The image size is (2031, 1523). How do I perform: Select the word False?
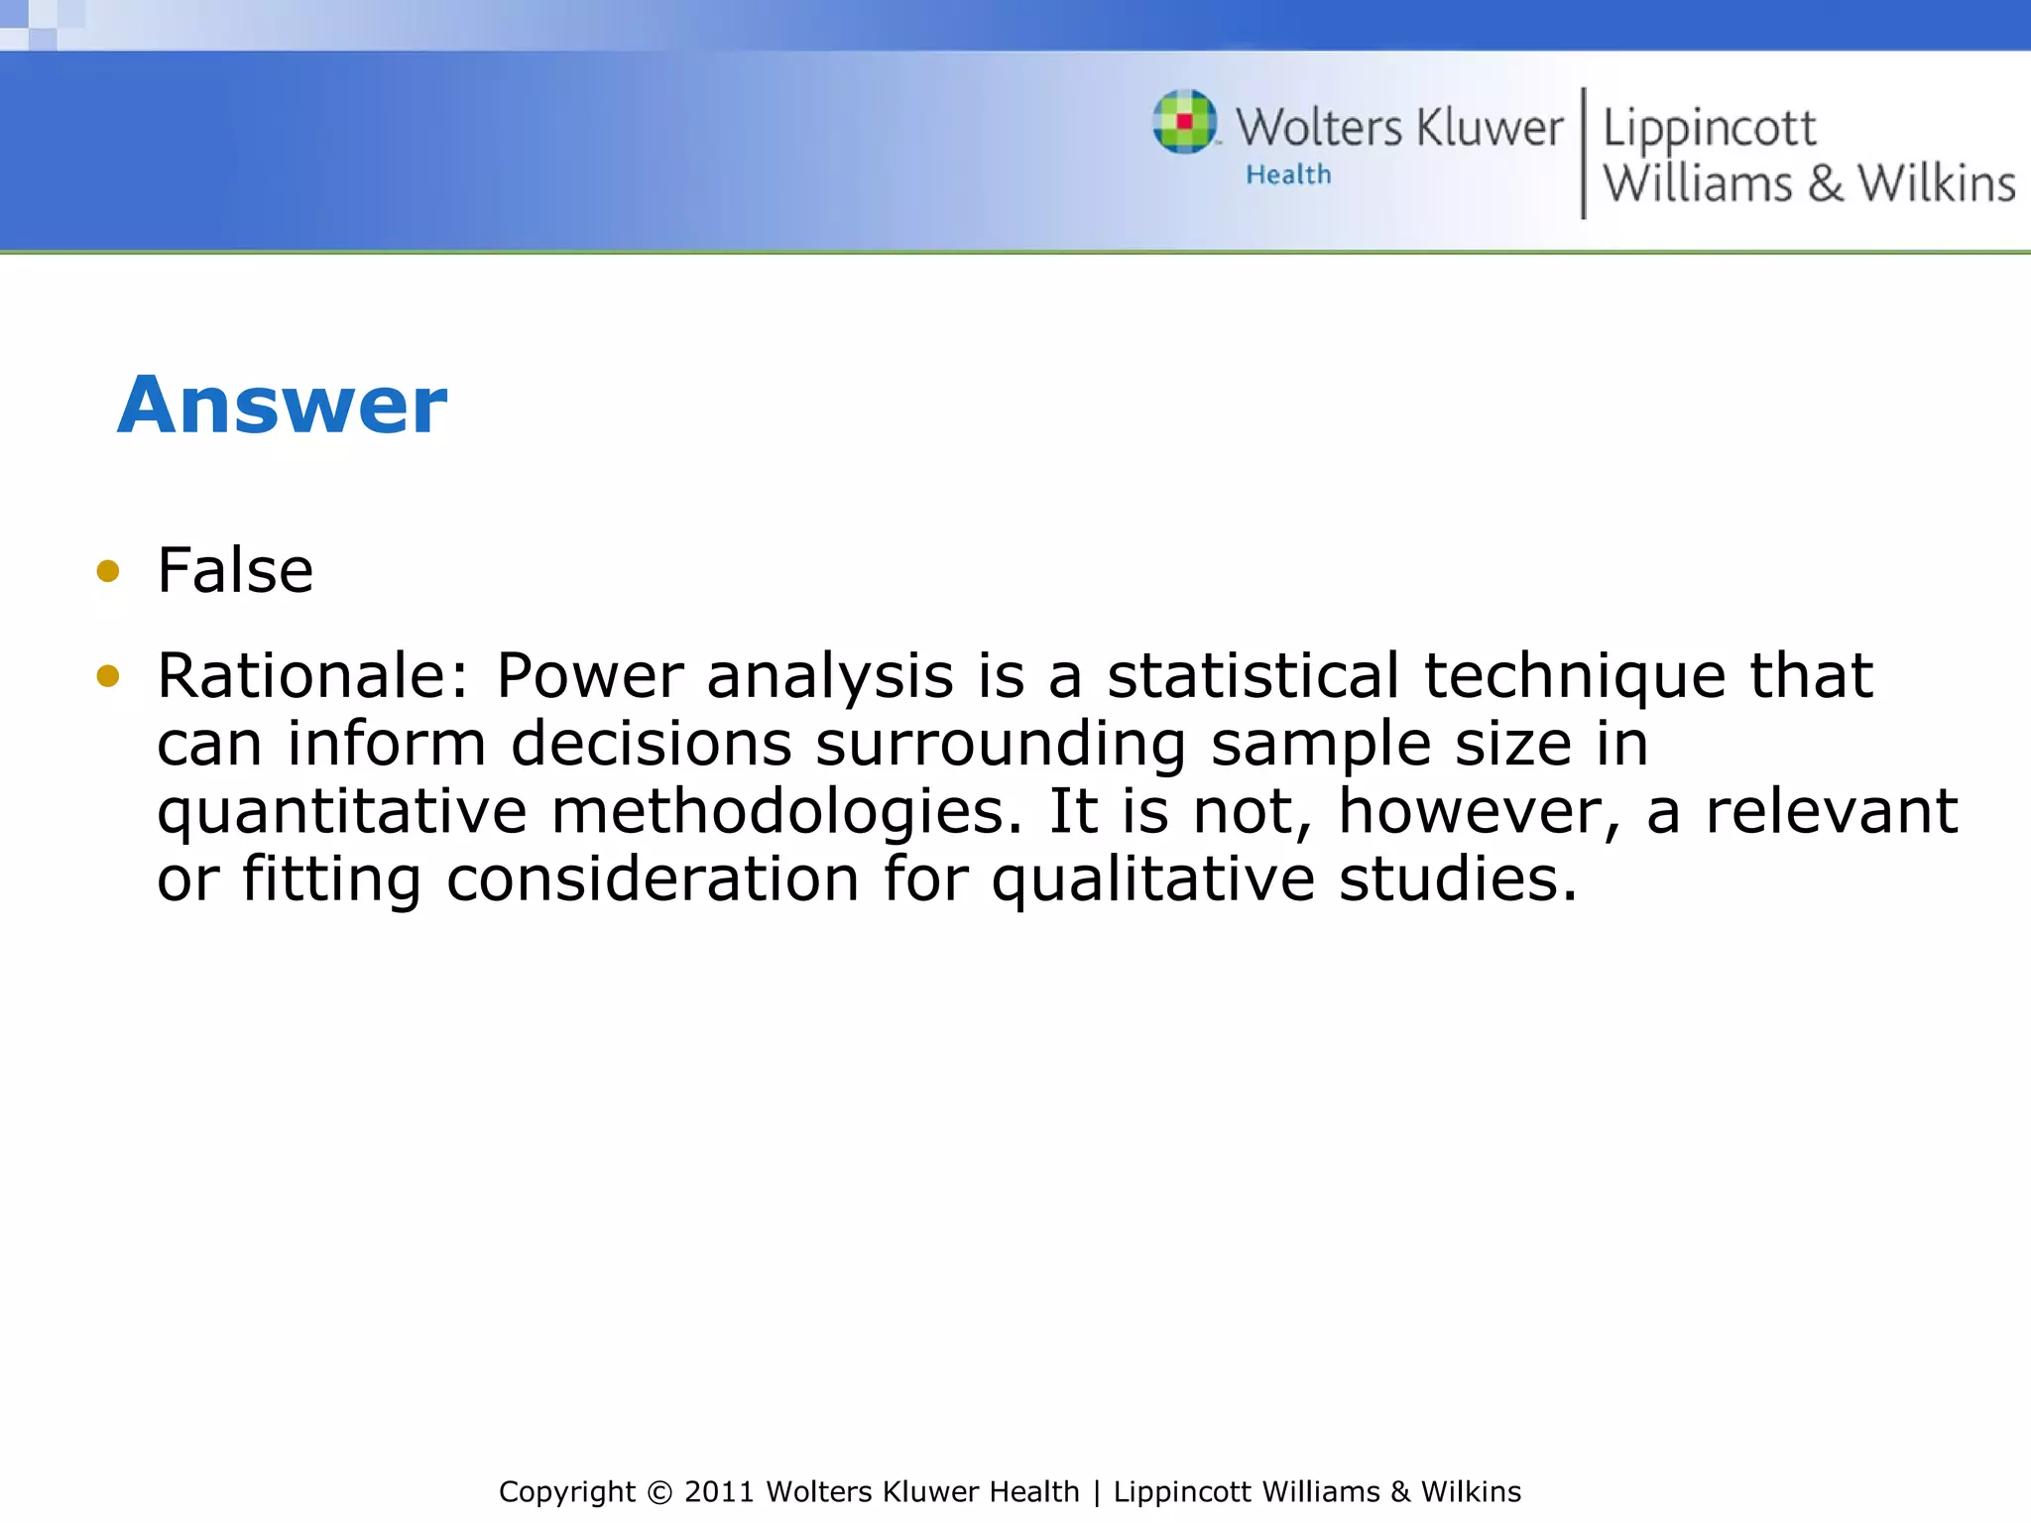235,571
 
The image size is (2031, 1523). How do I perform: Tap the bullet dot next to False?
108,571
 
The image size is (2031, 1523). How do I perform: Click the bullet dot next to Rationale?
108,676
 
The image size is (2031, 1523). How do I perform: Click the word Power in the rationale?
589,676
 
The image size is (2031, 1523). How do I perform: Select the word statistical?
1253,676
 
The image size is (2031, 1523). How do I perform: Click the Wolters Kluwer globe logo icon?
1185,122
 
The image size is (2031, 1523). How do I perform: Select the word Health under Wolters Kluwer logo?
1288,176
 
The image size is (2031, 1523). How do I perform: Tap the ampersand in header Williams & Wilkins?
1825,184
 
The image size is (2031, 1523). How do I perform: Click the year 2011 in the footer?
720,1492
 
